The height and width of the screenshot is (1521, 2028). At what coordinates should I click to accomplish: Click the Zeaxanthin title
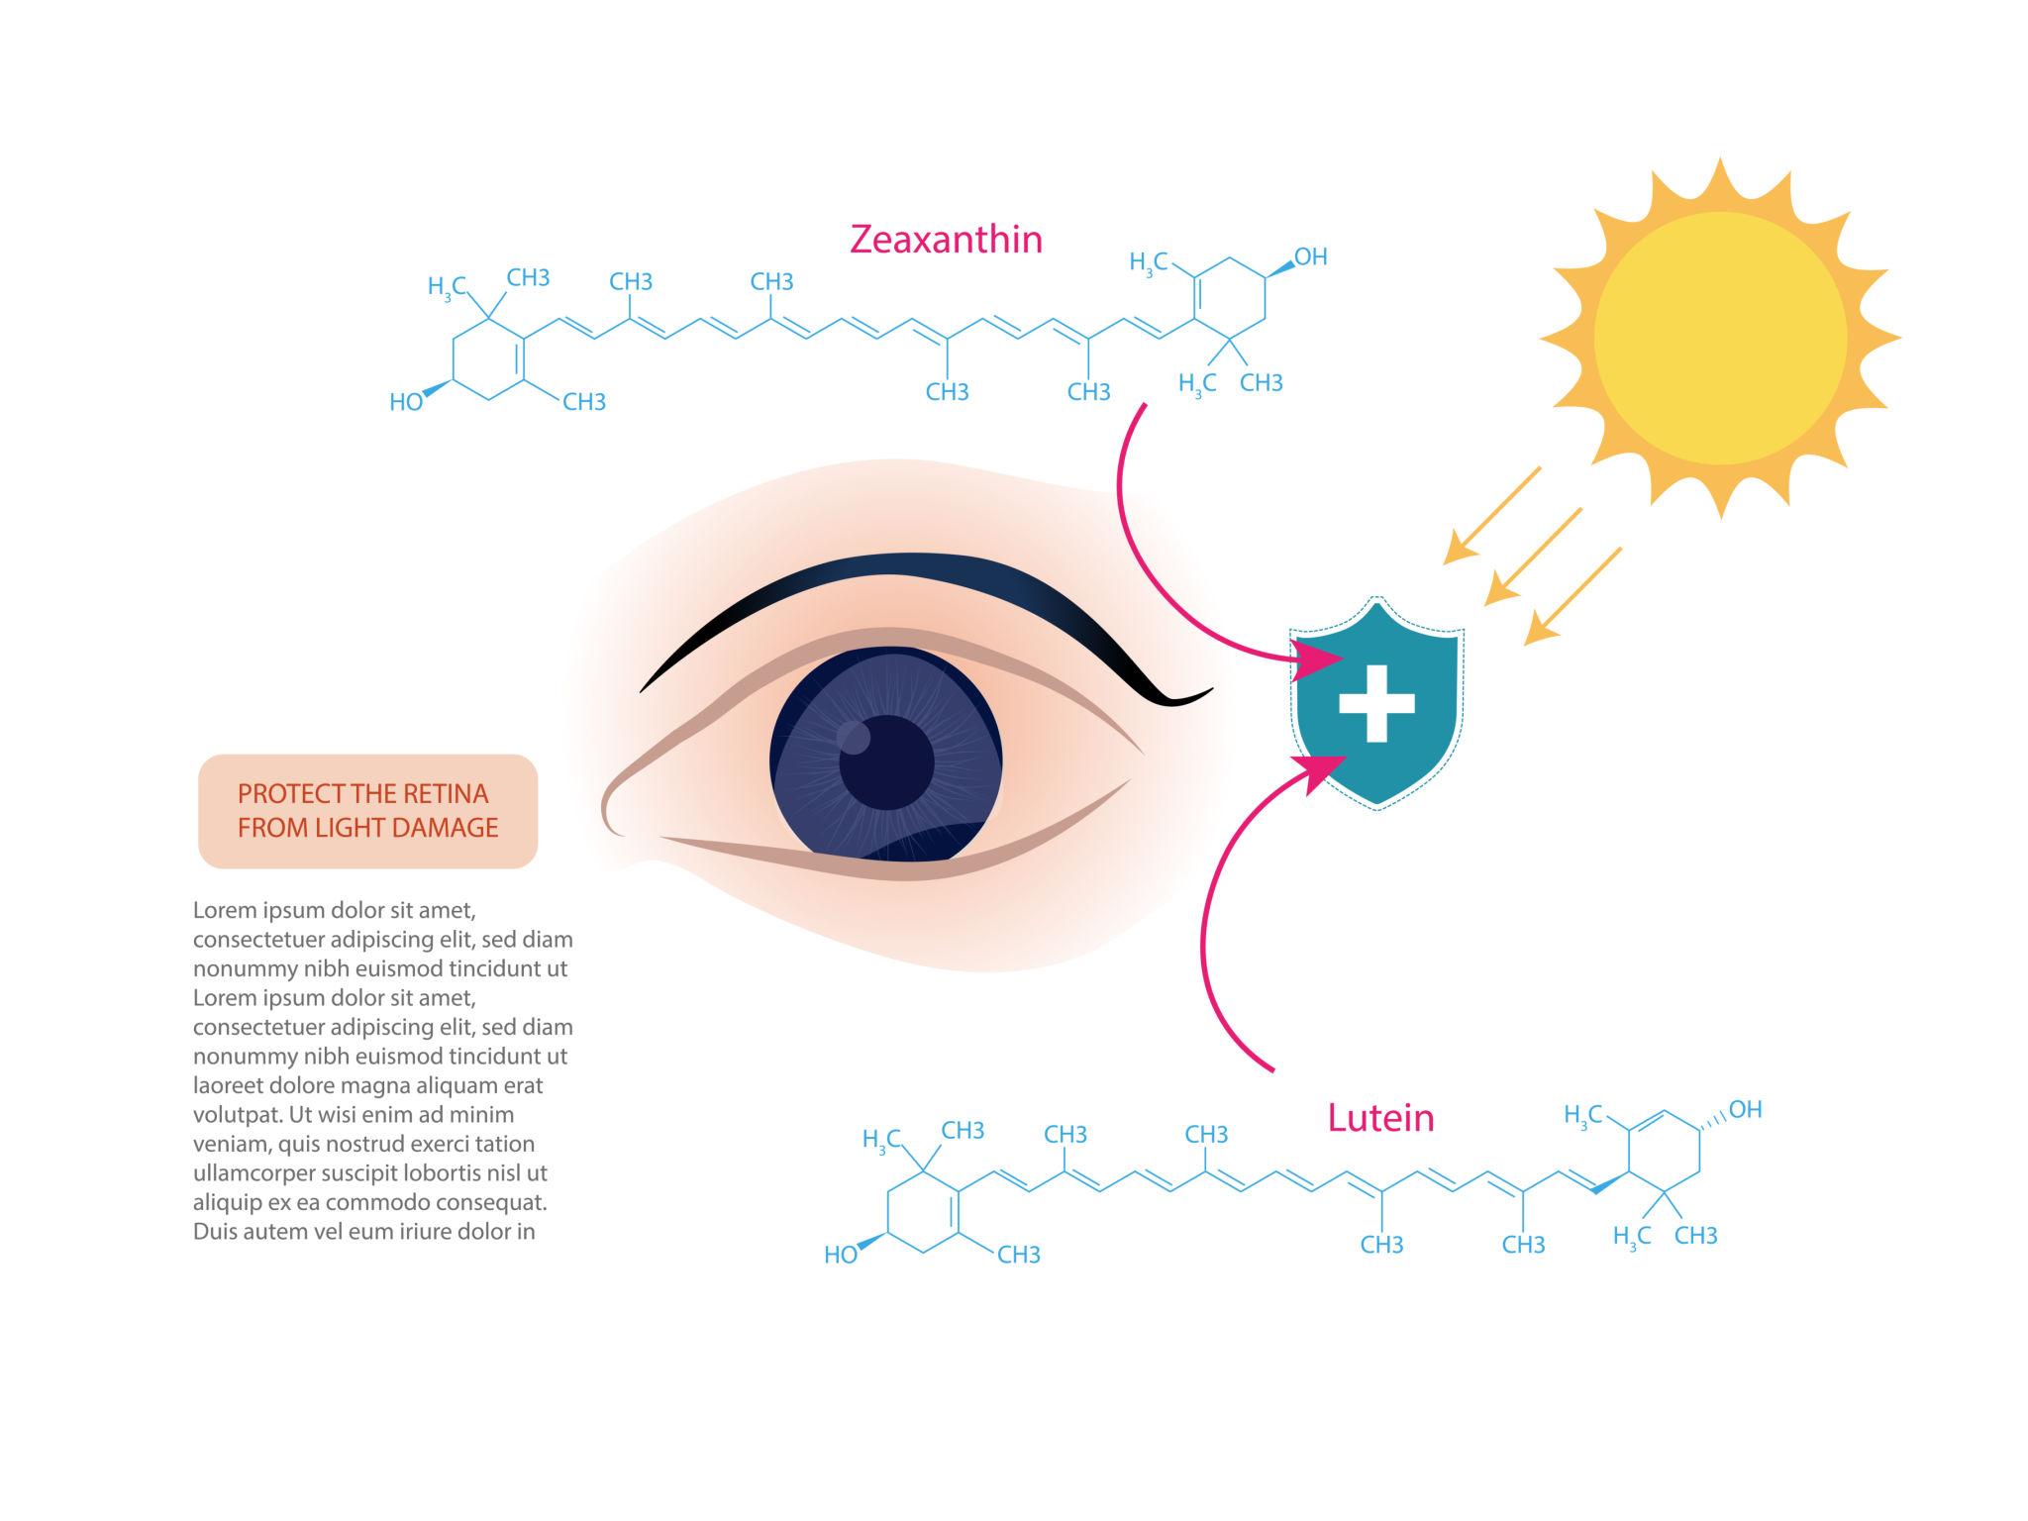(x=946, y=240)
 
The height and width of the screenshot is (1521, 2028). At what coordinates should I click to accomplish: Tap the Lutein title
(x=1380, y=1118)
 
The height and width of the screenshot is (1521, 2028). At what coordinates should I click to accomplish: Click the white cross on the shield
(x=1376, y=703)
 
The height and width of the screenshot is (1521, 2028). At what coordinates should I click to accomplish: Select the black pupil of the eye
(x=887, y=762)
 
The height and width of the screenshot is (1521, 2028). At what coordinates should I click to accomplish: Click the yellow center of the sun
(x=1720, y=338)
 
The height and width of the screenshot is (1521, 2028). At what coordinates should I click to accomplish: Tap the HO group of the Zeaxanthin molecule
(x=406, y=402)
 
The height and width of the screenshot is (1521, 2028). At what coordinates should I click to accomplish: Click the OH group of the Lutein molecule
(x=1745, y=1110)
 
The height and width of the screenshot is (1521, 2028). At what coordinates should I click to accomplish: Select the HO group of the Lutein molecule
(x=841, y=1256)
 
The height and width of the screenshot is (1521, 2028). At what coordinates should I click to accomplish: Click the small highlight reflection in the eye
(x=854, y=737)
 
